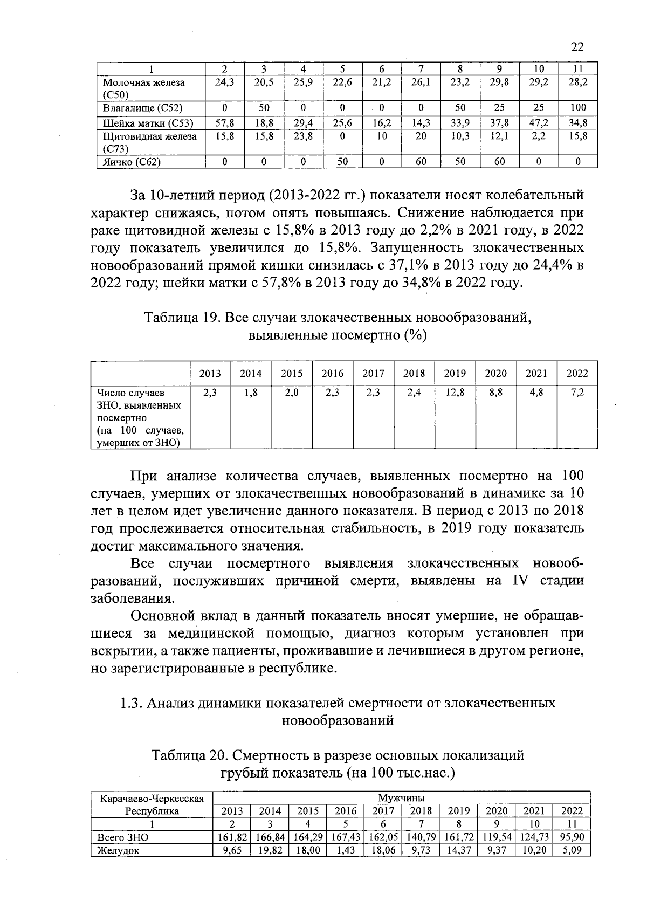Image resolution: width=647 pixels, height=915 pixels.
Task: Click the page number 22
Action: point(576,47)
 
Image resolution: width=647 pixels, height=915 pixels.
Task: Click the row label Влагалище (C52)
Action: point(143,107)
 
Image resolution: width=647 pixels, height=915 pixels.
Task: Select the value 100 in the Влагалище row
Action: point(577,107)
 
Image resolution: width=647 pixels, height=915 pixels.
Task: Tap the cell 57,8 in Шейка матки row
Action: point(224,123)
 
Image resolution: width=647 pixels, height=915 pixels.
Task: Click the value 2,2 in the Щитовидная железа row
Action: point(539,136)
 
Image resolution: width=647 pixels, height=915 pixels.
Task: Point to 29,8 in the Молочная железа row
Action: point(499,82)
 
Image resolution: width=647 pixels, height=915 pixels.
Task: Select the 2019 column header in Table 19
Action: point(455,373)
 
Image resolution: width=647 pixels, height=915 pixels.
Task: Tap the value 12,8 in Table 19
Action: point(455,393)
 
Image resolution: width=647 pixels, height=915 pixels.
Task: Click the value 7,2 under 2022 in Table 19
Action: point(577,393)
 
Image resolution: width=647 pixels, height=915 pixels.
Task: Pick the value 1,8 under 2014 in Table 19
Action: point(251,393)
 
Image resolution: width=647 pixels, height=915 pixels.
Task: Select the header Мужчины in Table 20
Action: point(401,797)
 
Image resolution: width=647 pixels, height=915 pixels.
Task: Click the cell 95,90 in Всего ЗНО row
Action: point(572,837)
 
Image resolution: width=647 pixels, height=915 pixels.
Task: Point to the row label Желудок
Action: point(118,851)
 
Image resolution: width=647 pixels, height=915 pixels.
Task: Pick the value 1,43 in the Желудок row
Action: point(346,850)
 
